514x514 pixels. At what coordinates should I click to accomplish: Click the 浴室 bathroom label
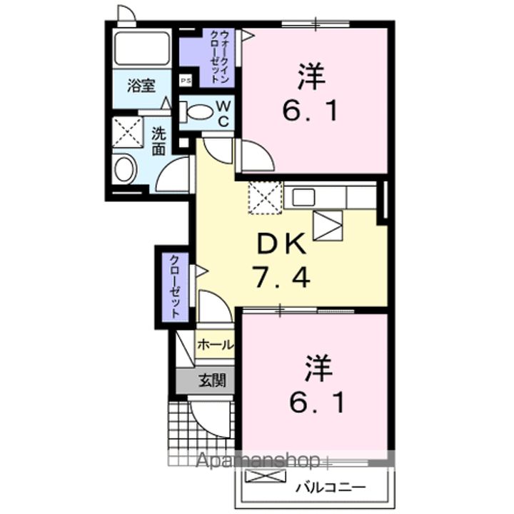tap(141, 86)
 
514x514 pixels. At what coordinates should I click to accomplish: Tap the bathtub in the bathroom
tap(141, 49)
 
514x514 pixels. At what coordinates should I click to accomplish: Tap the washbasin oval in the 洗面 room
tap(125, 170)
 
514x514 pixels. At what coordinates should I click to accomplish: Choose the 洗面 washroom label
tap(158, 141)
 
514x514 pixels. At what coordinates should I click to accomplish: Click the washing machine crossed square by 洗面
tap(127, 133)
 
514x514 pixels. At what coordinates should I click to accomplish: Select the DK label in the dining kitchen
tap(281, 245)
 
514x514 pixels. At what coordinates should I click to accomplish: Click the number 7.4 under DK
tap(281, 276)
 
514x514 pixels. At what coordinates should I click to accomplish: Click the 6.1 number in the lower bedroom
tap(319, 404)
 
